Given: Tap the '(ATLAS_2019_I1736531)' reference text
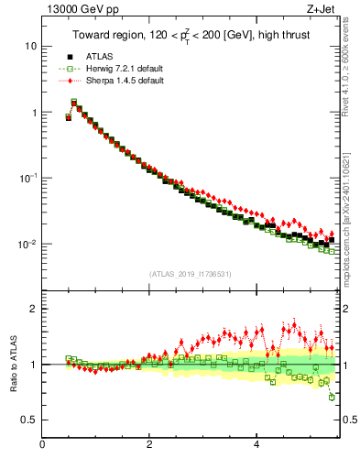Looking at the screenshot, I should [190, 274].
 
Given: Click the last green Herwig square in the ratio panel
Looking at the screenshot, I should [332, 397].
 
